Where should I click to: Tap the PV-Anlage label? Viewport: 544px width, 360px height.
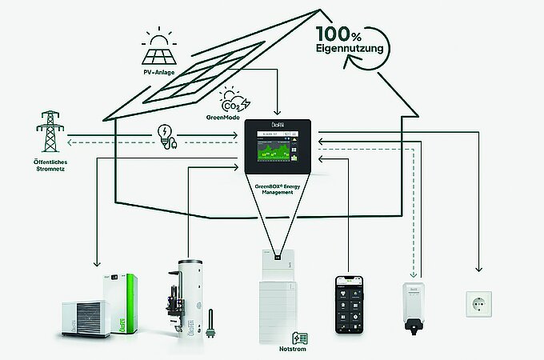(160, 74)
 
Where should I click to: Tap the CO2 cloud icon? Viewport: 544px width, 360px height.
(232, 101)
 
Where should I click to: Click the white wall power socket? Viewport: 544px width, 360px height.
(479, 305)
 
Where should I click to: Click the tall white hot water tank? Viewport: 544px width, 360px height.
(189, 296)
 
